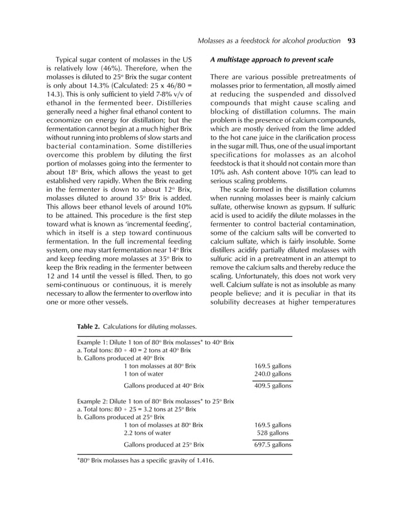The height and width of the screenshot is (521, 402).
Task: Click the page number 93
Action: [x=352, y=42]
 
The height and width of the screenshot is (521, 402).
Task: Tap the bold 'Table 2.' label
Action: [x=88, y=327]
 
